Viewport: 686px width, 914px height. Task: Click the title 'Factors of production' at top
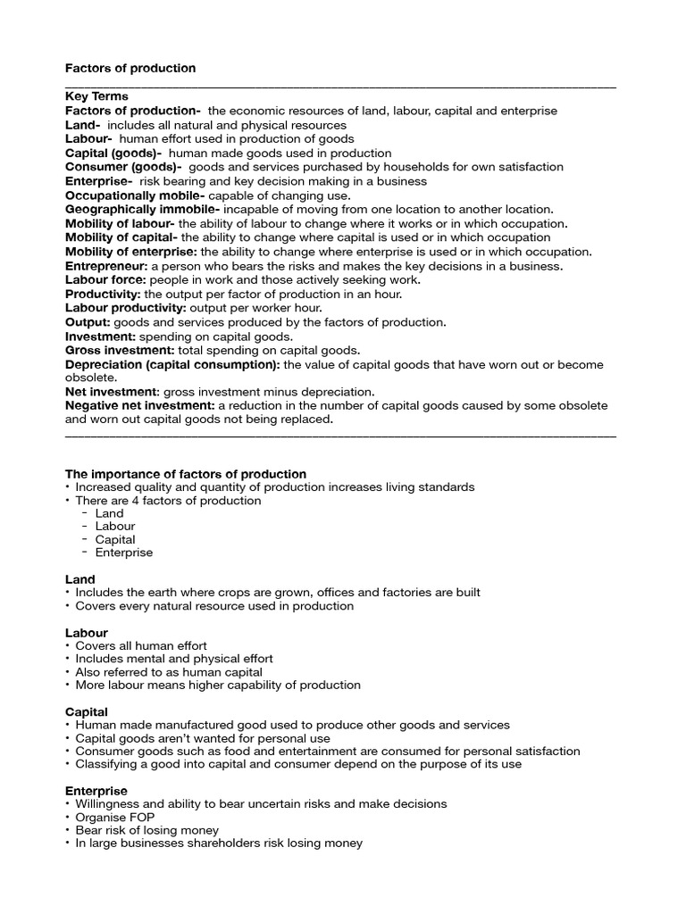[130, 69]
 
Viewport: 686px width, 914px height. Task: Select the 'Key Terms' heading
[96, 96]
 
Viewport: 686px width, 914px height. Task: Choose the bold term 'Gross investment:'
[116, 350]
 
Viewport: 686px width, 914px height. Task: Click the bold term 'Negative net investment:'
[139, 406]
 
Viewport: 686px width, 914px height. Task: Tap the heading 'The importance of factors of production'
[186, 474]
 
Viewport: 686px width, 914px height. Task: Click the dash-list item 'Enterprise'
[124, 553]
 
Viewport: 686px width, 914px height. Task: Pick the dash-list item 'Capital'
[115, 539]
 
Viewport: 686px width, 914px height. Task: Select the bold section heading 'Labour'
[87, 633]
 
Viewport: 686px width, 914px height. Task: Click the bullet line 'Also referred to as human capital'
[169, 672]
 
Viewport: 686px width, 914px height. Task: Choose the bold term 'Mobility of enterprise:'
[131, 252]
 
